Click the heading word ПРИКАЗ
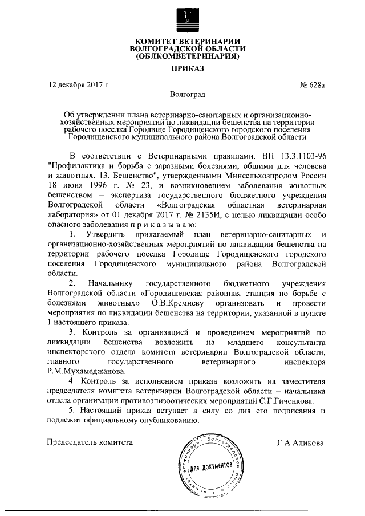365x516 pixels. tap(182, 69)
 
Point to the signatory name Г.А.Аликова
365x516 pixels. tap(300, 442)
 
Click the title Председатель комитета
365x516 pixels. tap(90, 442)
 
